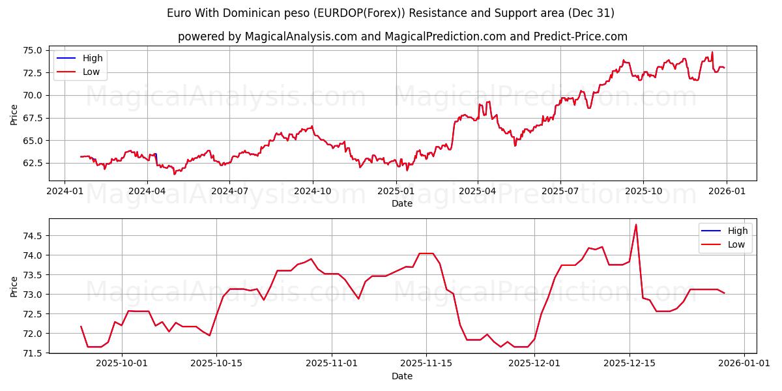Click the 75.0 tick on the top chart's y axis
(32, 50)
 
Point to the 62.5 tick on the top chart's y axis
(32, 163)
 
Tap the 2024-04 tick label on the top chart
(147, 191)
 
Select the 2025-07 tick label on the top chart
(560, 191)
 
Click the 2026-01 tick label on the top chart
(726, 191)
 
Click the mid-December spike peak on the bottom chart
(636, 225)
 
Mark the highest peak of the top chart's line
(712, 52)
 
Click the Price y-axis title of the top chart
(14, 114)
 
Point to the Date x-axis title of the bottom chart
(401, 376)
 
